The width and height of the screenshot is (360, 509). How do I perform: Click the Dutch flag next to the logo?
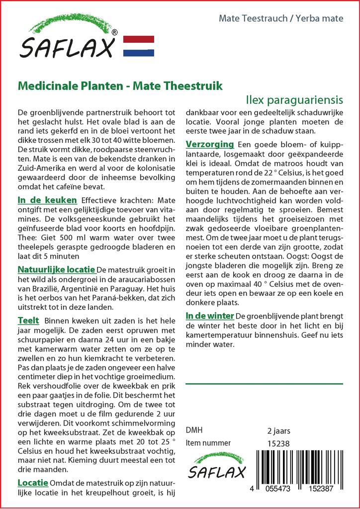(138, 46)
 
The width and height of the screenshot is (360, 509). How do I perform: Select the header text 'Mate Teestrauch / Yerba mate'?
(281, 19)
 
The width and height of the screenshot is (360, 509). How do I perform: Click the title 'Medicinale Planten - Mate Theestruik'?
(120, 85)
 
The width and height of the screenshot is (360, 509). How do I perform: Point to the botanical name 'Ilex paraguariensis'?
(298, 100)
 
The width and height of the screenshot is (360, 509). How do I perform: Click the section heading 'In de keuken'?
(47, 200)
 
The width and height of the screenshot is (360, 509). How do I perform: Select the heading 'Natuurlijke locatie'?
(56, 269)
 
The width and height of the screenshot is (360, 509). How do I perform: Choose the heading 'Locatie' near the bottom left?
(33, 483)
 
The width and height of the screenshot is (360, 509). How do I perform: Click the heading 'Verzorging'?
(209, 144)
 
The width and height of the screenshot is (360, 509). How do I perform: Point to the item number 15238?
(278, 443)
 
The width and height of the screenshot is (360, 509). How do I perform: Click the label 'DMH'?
(194, 430)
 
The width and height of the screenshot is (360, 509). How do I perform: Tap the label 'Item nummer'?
(208, 443)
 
